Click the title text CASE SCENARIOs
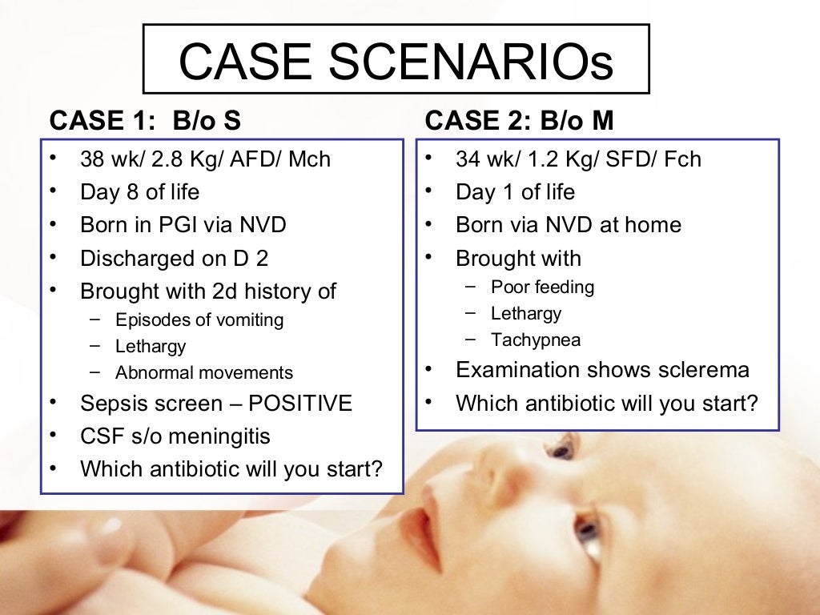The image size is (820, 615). pos(396,62)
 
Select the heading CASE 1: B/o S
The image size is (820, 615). pos(145,121)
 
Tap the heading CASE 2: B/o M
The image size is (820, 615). pos(519,121)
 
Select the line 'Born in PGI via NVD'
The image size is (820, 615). pos(183,225)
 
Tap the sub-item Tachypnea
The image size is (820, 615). pos(536,340)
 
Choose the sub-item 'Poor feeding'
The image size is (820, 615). pos(543,287)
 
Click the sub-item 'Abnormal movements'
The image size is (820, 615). pos(204,373)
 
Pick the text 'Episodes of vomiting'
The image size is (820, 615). pos(199,320)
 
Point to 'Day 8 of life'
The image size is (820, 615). pos(140,192)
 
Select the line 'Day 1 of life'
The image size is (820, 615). pos(515,192)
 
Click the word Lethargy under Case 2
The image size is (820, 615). pos(526,313)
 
